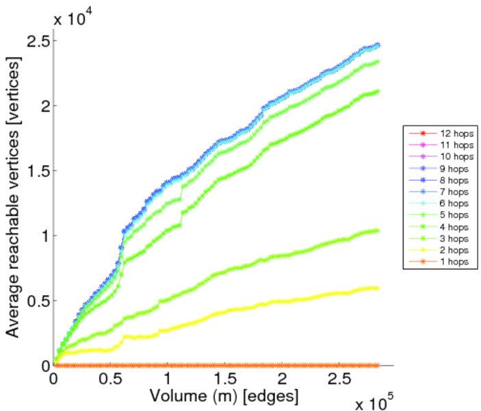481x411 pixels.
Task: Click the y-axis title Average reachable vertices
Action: pos(13,196)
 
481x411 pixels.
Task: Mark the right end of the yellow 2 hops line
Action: pos(377,288)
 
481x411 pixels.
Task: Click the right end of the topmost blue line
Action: pos(378,45)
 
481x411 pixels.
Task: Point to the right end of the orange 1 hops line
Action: pos(377,365)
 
